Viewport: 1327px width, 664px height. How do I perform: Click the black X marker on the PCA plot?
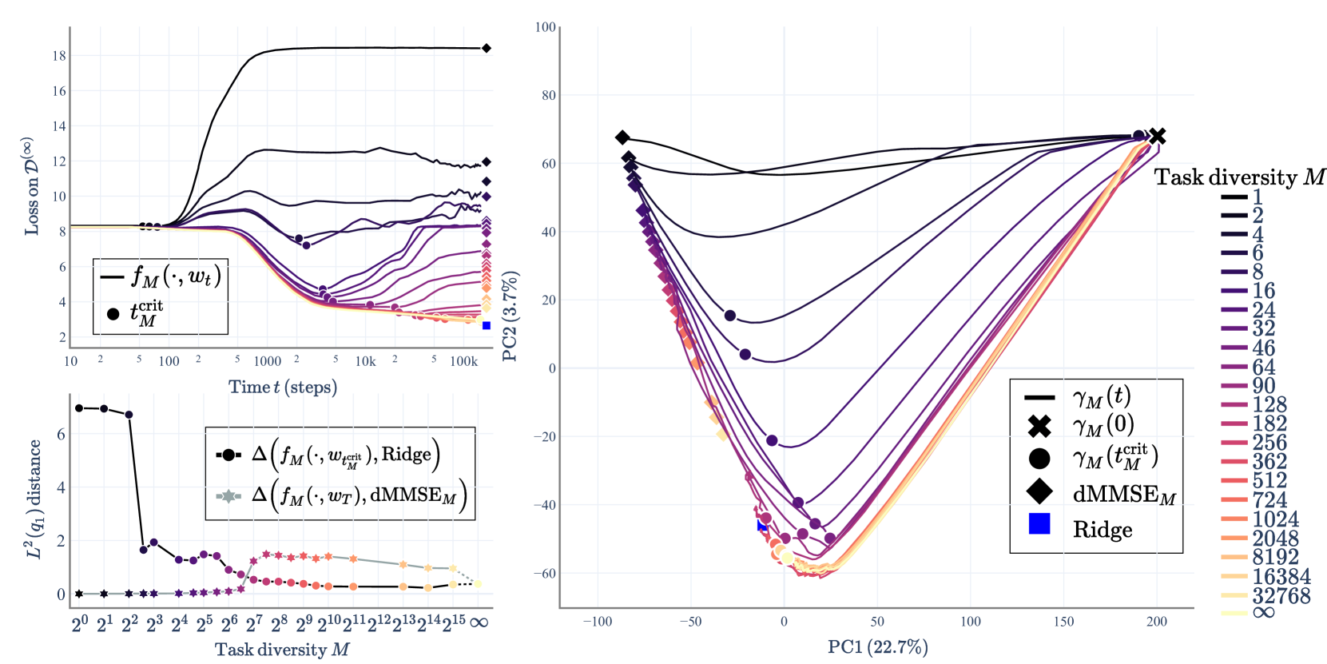pyautogui.click(x=1157, y=137)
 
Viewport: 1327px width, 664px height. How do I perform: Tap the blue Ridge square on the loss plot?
pyautogui.click(x=487, y=325)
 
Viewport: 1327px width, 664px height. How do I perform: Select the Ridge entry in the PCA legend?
pyautogui.click(x=1102, y=530)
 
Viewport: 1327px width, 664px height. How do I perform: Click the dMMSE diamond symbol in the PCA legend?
pyautogui.click(x=1039, y=492)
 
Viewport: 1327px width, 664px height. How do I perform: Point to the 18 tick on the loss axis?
pyautogui.click(x=59, y=56)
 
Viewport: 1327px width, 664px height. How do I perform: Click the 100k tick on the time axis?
pyautogui.click(x=463, y=361)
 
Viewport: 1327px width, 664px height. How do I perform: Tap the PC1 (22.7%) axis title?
pyautogui.click(x=877, y=646)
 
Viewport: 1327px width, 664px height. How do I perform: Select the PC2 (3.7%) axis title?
pyautogui.click(x=511, y=316)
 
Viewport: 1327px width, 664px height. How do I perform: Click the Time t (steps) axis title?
pyautogui.click(x=283, y=388)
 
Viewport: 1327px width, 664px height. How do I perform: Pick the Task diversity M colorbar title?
pyautogui.click(x=1239, y=177)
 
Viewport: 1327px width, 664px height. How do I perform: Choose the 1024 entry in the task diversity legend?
pyautogui.click(x=1275, y=519)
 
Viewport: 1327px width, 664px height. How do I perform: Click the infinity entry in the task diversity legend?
pyautogui.click(x=1264, y=613)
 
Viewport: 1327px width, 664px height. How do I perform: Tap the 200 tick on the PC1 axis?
pyautogui.click(x=1157, y=622)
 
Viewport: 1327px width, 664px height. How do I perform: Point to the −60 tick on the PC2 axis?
pyautogui.click(x=545, y=574)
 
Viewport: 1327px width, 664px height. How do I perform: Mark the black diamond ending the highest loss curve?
pyautogui.click(x=486, y=49)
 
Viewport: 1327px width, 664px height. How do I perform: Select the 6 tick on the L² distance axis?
pyautogui.click(x=61, y=435)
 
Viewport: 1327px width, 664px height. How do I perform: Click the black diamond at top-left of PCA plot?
pyautogui.click(x=622, y=137)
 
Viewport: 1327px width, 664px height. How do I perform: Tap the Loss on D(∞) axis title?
pyautogui.click(x=30, y=185)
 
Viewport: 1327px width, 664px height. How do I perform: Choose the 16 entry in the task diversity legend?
pyautogui.click(x=1263, y=291)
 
